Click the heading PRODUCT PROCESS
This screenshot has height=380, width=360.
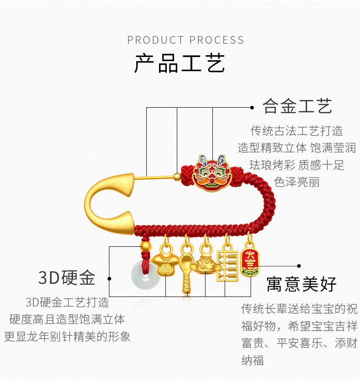[x=185, y=40]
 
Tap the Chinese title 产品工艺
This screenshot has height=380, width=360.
[x=180, y=63]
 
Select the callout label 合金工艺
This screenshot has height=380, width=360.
[x=297, y=106]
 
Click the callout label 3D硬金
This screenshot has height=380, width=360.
[x=67, y=277]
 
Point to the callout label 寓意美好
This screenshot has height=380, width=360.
[x=301, y=284]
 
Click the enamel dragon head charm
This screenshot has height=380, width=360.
[x=211, y=173]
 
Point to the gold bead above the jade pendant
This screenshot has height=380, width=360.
[x=146, y=246]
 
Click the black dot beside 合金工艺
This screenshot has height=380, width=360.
[x=252, y=107]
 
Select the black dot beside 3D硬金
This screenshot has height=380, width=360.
[x=109, y=279]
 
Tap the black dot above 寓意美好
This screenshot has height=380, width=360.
[x=299, y=266]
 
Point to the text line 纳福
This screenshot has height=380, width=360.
[x=252, y=359]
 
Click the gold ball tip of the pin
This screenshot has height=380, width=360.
[x=177, y=177]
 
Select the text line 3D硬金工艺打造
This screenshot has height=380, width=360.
[x=67, y=302]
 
